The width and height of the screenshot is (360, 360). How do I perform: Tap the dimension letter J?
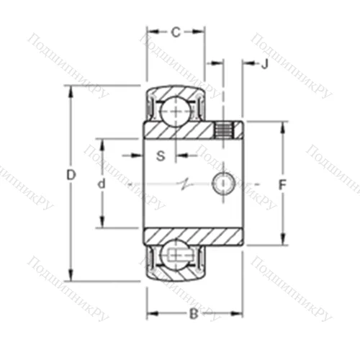[264, 64]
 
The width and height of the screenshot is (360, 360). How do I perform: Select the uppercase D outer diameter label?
[70, 174]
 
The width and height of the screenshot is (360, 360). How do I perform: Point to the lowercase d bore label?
[102, 184]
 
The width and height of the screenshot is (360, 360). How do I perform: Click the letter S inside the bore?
[161, 155]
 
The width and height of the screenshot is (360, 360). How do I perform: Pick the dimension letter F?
[282, 184]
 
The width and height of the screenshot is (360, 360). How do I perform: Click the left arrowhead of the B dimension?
[151, 313]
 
